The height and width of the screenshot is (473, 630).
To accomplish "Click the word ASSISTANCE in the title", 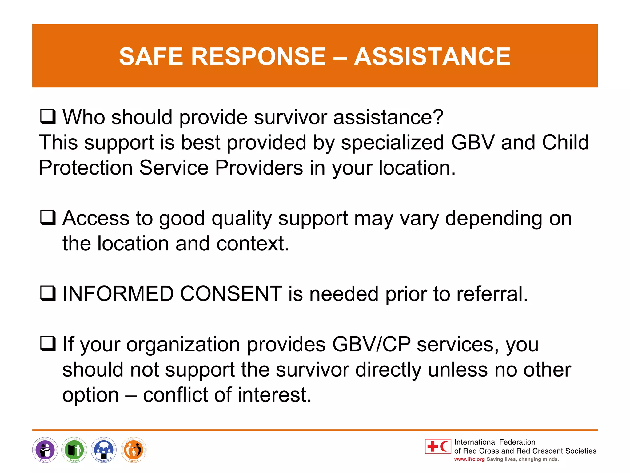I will (x=432, y=57).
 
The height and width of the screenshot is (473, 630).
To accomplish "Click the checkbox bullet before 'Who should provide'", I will (x=48, y=117).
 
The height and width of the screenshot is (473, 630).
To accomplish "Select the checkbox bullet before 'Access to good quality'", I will (x=48, y=218).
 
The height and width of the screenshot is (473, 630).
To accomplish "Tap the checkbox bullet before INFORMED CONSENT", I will (x=48, y=293).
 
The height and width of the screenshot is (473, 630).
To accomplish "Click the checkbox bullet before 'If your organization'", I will (x=48, y=344).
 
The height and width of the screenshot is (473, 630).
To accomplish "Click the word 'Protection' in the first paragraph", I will (x=86, y=168).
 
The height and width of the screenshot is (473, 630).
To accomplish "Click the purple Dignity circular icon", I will (x=45, y=450).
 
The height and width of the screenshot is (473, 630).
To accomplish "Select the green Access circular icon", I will (x=74, y=450).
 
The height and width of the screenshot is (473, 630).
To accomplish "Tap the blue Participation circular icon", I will (x=104, y=450).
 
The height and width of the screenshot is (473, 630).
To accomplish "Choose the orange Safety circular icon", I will (x=134, y=450).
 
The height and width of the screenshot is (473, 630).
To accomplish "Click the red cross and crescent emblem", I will (x=438, y=446).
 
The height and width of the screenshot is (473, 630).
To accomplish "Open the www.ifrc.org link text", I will (x=469, y=459).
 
